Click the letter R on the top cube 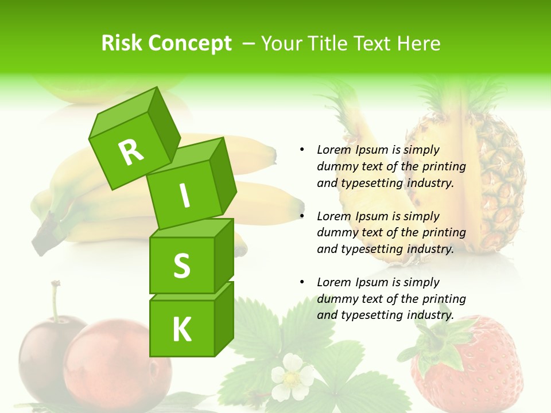pos(131,151)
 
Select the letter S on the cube pos(181,266)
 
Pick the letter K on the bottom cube pos(181,329)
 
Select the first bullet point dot pos(302,150)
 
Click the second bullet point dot pos(302,216)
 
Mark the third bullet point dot pos(302,282)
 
